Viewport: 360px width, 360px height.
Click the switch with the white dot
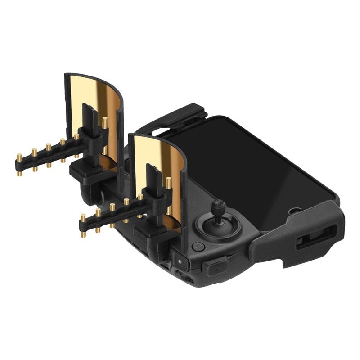(x=180, y=261)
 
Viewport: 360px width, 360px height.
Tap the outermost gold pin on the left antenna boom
(x=19, y=158)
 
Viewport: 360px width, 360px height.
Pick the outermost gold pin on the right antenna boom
(x=83, y=219)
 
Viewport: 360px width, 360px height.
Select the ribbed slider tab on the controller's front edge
(x=215, y=266)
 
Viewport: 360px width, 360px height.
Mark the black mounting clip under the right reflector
(x=146, y=232)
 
